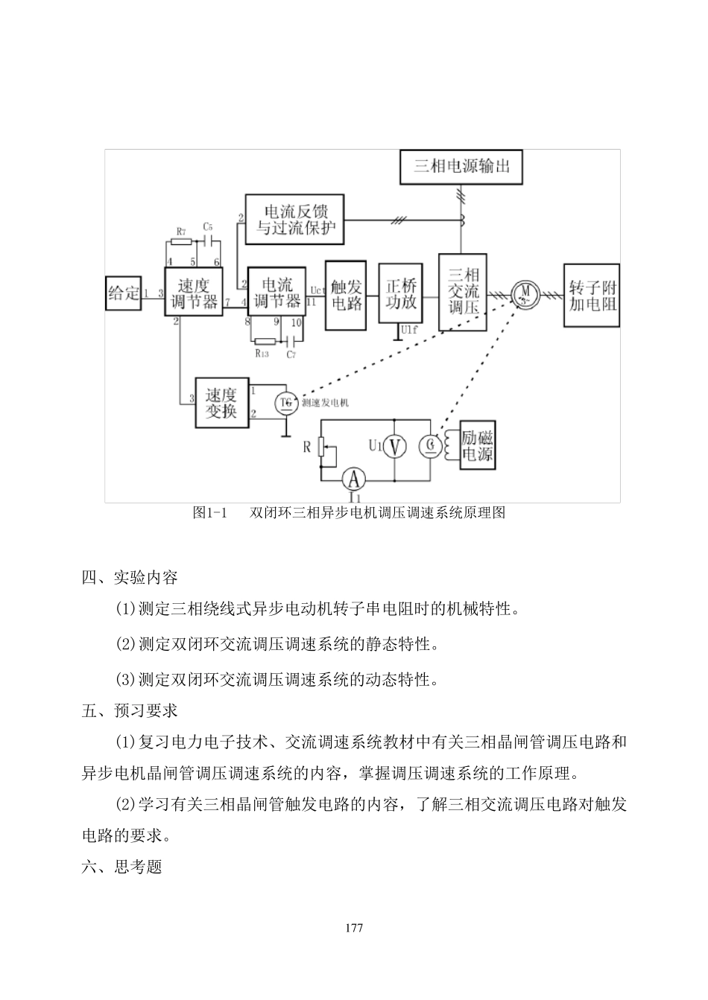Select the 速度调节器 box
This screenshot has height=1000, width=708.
coord(194,293)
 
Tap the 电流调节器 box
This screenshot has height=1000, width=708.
coord(276,293)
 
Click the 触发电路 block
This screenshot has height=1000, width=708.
coord(346,295)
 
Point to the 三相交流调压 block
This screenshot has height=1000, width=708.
coord(463,291)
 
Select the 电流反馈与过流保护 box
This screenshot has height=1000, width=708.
coord(296,219)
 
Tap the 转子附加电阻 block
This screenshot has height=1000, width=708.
coord(592,296)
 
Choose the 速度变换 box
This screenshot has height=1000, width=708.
coord(221,402)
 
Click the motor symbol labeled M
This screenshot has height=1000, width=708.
coord(525,293)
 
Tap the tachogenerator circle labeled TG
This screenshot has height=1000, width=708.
coord(286,403)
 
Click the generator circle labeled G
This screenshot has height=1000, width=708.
coord(430,446)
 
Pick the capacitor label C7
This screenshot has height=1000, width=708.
coord(291,354)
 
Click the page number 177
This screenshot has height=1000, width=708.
coord(354,928)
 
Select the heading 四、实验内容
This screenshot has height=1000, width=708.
coord(130,577)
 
